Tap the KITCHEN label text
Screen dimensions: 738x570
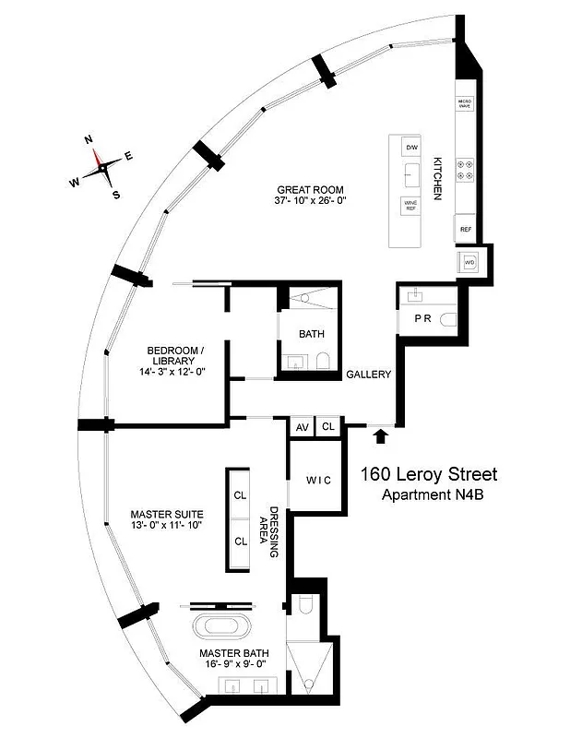pos(439,176)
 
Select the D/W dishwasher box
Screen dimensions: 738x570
pos(411,147)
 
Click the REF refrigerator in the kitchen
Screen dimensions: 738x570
pos(466,229)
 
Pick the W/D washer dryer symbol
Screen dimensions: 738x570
pos(469,261)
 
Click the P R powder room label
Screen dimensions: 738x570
pos(422,318)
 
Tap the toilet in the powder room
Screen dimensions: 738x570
pos(449,318)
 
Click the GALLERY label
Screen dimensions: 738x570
pos(369,375)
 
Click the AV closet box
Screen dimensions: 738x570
pos(302,427)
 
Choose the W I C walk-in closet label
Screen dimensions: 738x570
pos(319,480)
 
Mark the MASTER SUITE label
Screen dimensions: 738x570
pos(166,518)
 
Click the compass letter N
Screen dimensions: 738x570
pos(89,139)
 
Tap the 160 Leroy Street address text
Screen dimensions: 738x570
pos(429,475)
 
